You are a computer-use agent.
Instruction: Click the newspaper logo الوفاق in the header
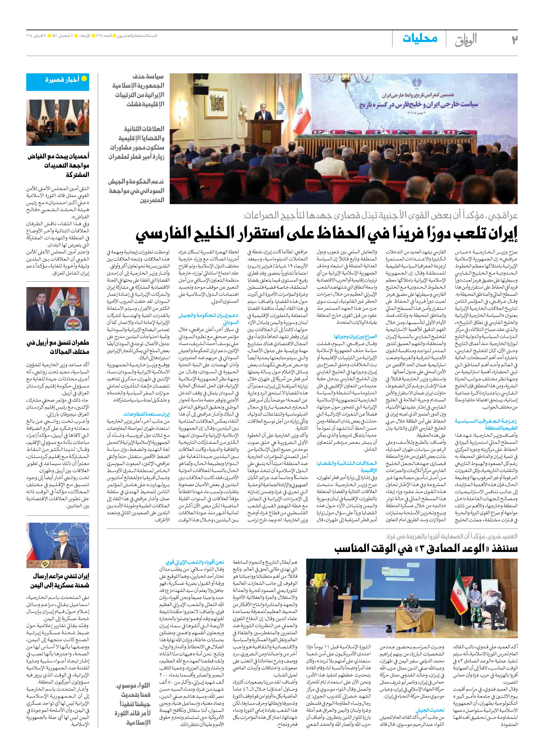(x=466, y=40)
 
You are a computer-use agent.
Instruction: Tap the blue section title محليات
(x=420, y=38)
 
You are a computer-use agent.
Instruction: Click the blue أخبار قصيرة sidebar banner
(x=58, y=82)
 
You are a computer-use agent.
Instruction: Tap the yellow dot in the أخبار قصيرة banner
(x=84, y=79)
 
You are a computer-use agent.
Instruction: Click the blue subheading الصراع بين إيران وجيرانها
(x=355, y=336)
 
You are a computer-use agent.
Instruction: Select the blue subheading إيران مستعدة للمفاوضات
(x=146, y=414)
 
